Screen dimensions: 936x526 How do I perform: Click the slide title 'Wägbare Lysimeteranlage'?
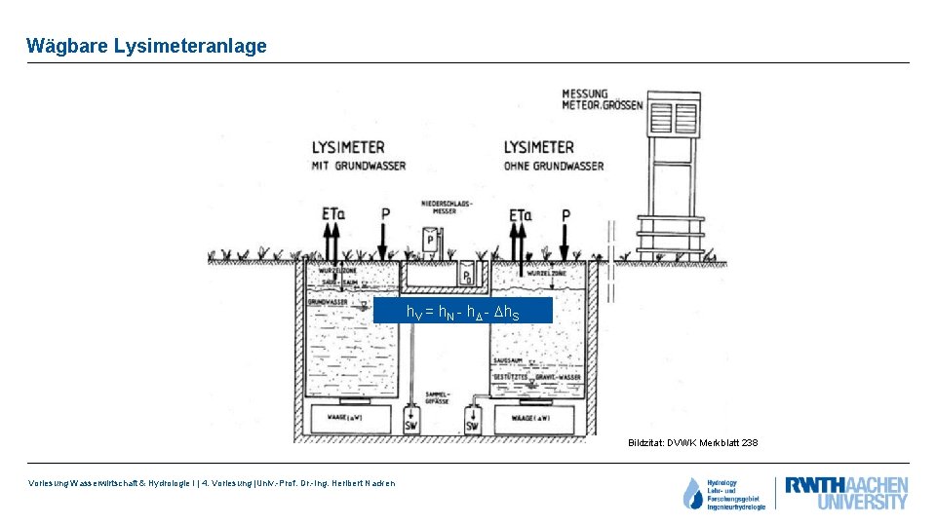pyautogui.click(x=146, y=46)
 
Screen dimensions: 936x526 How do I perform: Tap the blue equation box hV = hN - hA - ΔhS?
pyautogui.click(x=463, y=312)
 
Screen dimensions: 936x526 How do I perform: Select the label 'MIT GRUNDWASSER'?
pyautogui.click(x=359, y=167)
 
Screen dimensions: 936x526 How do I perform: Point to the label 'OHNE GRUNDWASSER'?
pyautogui.click(x=554, y=167)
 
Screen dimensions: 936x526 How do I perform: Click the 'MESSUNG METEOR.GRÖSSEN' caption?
pyautogui.click(x=603, y=99)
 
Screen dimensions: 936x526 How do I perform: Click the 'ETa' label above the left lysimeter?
pyautogui.click(x=332, y=213)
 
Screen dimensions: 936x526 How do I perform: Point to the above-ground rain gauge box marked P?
pyautogui.click(x=429, y=241)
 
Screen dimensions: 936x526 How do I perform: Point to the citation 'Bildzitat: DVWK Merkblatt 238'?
pyautogui.click(x=692, y=443)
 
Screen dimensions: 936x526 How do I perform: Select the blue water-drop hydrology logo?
pyautogui.click(x=692, y=494)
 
